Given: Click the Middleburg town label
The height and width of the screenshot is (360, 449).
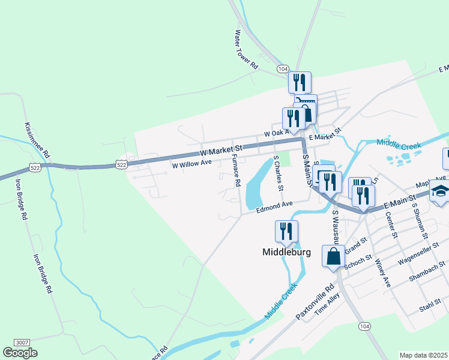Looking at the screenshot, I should (287, 252).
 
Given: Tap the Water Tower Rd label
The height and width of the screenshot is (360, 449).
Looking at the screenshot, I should (246, 50).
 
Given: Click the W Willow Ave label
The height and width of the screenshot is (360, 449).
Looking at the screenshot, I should (192, 163).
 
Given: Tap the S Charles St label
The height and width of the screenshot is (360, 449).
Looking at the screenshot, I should (279, 173).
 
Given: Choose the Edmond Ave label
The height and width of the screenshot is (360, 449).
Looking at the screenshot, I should (274, 207).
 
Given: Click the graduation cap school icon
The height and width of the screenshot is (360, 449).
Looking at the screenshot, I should (439, 192).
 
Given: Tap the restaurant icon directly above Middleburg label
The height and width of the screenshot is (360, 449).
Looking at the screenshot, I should (286, 231).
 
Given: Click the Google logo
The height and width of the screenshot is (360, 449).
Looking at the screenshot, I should (20, 352).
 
